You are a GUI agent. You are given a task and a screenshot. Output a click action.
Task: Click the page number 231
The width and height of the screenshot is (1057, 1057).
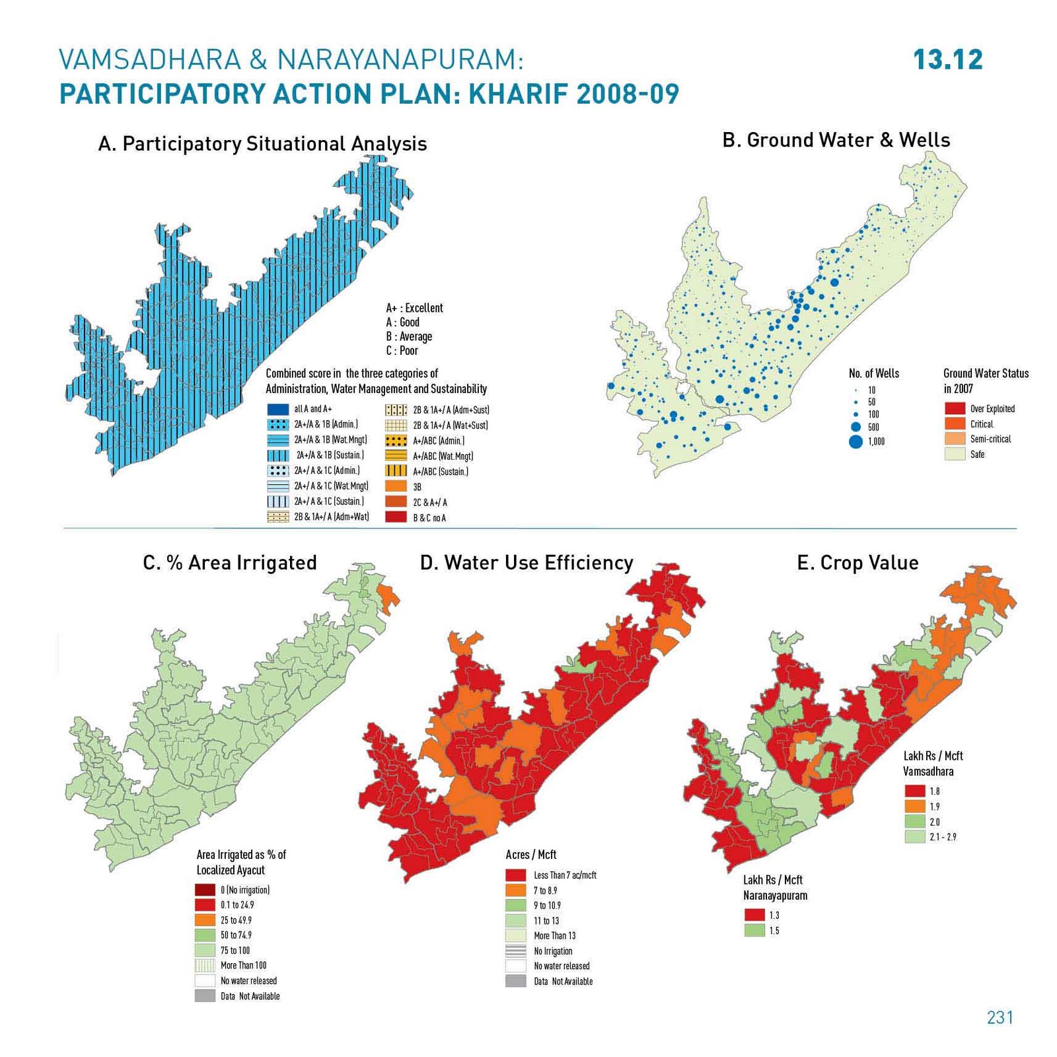[x=1000, y=1017]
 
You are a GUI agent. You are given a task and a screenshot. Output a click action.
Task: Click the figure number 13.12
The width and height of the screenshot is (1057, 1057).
[x=947, y=60]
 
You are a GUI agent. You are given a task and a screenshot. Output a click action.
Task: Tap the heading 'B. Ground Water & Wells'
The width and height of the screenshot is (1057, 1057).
[x=836, y=140]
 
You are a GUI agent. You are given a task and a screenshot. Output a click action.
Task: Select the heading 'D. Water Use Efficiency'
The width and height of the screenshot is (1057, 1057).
[x=527, y=563]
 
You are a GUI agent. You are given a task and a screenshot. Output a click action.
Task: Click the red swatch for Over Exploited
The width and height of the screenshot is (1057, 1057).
[x=955, y=408]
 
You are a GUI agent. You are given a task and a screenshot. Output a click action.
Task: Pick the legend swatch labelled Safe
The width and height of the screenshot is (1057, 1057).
[x=955, y=454]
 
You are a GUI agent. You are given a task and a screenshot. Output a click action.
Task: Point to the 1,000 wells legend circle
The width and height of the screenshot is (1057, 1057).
[x=856, y=442]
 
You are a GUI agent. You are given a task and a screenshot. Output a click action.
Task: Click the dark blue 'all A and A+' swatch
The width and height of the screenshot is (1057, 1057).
[x=278, y=410]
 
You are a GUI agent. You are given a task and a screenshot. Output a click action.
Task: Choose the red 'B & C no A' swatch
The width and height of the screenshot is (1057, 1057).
[x=396, y=517]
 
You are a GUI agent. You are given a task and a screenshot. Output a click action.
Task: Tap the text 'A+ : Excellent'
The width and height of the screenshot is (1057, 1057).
[x=414, y=308]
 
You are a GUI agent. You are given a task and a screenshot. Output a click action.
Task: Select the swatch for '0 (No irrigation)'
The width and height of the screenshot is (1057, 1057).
[x=205, y=890]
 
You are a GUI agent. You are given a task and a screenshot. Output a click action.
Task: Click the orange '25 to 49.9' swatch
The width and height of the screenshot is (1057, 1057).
[x=205, y=920]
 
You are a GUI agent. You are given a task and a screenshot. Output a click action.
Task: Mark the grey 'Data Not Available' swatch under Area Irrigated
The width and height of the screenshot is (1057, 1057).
[x=205, y=996]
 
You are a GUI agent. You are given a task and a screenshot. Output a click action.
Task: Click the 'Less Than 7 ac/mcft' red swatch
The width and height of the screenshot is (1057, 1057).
[x=515, y=875]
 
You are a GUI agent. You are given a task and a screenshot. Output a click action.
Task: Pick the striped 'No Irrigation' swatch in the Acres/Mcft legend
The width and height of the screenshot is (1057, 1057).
[x=515, y=951]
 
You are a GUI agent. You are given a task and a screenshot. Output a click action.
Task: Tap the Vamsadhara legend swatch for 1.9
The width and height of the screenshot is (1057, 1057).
[x=914, y=807]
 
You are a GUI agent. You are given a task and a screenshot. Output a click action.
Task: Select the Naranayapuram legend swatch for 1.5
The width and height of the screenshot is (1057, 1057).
[x=754, y=930]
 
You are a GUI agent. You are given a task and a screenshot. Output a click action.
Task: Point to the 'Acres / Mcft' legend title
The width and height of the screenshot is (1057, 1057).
[x=530, y=855]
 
